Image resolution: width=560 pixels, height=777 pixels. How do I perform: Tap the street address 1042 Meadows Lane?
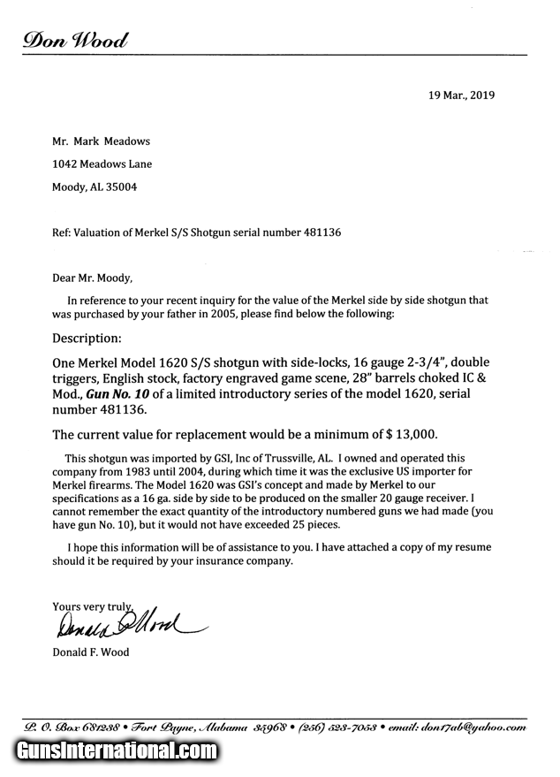pos(102,164)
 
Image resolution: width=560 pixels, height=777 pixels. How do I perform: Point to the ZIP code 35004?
pos(121,187)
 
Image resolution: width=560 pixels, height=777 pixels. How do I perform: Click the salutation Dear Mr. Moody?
pos(92,278)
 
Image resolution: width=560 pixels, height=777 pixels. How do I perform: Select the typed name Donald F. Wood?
pos(90,652)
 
